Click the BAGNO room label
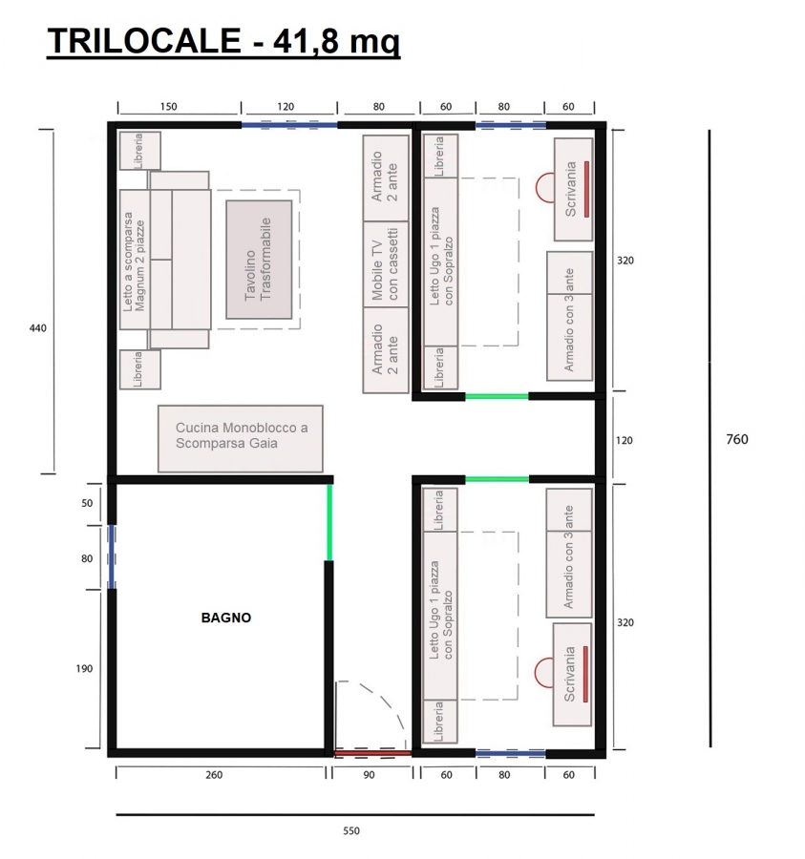(x=225, y=618)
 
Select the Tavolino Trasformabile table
(x=259, y=259)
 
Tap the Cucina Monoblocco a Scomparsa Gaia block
(x=241, y=438)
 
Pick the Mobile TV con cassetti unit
(x=386, y=264)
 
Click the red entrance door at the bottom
(x=372, y=754)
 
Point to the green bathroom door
(x=329, y=523)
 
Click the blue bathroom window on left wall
(x=111, y=557)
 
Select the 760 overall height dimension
(x=736, y=439)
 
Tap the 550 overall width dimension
(x=351, y=831)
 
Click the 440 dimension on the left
(x=38, y=328)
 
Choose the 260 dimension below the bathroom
(x=214, y=775)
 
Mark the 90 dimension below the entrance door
(x=369, y=775)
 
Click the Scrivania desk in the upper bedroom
(x=573, y=189)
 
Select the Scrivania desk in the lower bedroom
(x=572, y=675)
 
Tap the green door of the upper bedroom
(x=497, y=396)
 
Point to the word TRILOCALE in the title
(x=144, y=40)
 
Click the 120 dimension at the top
(x=286, y=107)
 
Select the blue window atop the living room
(x=289, y=125)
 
